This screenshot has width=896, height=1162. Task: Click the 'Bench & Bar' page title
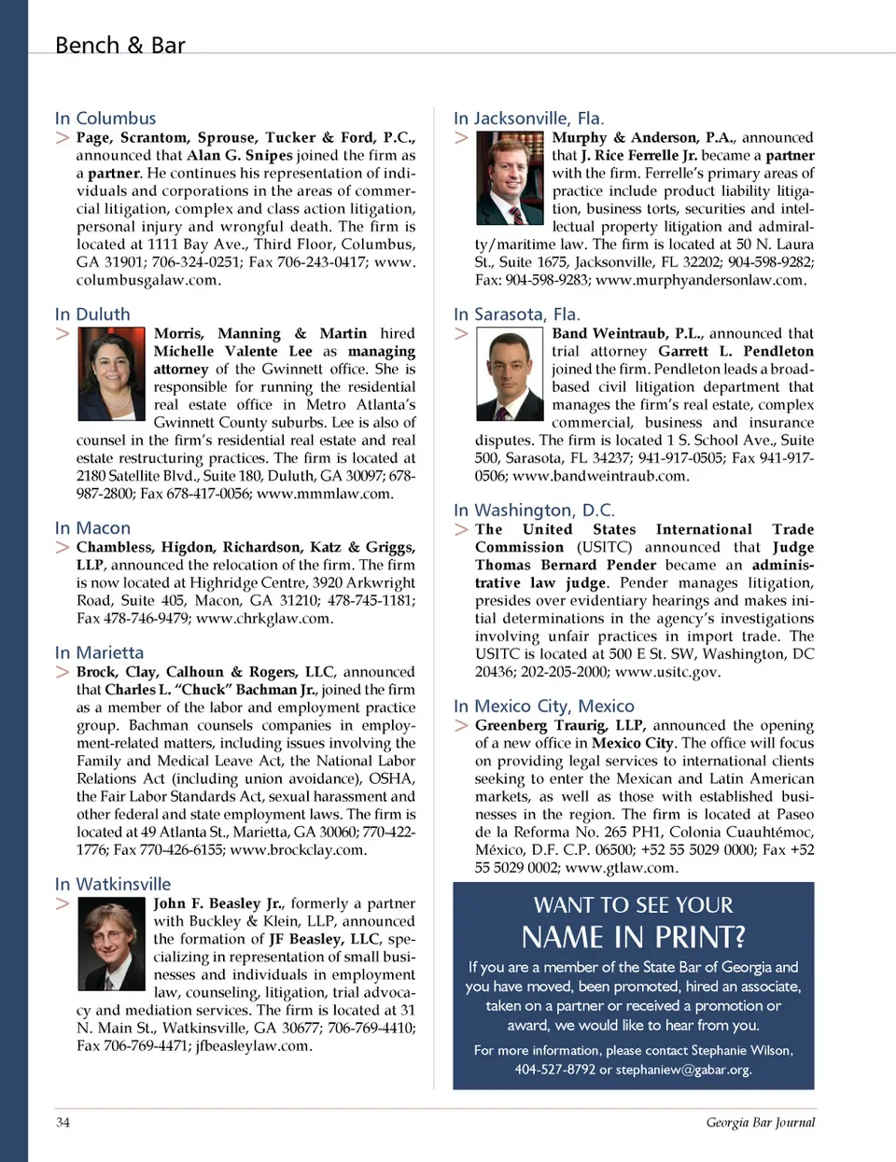coord(119,45)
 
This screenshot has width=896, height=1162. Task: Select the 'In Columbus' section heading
coord(105,119)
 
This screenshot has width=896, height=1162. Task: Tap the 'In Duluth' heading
coord(92,315)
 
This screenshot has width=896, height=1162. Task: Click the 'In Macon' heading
coord(92,528)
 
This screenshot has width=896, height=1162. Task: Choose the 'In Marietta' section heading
coord(99,652)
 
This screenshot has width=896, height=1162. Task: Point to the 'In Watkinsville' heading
coord(113,884)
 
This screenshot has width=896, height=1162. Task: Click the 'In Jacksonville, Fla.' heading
coord(528,119)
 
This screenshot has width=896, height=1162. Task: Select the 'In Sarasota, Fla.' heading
coord(516,315)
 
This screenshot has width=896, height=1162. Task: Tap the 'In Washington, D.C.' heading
coord(534,511)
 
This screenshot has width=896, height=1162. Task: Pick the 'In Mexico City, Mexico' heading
coord(543,707)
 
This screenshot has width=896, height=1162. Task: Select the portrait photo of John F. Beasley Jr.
coord(111,946)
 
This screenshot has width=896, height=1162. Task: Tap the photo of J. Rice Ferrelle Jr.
coord(510,177)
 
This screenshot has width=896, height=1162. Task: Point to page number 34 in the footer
coord(63,1122)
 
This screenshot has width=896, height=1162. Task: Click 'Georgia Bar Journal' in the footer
coord(760,1122)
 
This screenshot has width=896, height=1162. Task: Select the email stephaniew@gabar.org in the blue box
coord(683,1070)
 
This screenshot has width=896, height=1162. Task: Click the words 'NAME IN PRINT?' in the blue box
coord(634,936)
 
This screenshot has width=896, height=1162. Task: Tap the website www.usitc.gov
coord(666,672)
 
